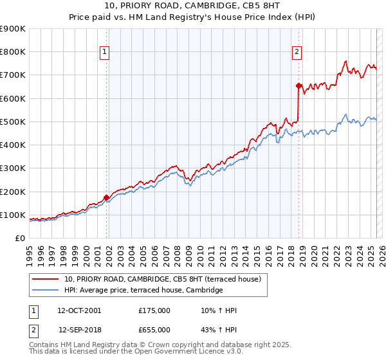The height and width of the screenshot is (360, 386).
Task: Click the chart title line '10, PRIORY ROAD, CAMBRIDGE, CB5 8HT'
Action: (193, 6)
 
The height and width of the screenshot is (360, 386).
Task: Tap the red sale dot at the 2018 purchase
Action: (299, 85)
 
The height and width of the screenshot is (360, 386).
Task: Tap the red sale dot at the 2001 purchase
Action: (106, 197)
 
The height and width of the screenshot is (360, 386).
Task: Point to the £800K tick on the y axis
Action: (13, 52)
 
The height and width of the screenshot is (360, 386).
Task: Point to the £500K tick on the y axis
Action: (13, 122)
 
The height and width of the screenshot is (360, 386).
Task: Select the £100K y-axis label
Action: (13, 215)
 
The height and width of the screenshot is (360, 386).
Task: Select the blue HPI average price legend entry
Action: (143, 291)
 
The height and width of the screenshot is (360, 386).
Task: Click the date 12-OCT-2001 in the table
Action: (79, 310)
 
